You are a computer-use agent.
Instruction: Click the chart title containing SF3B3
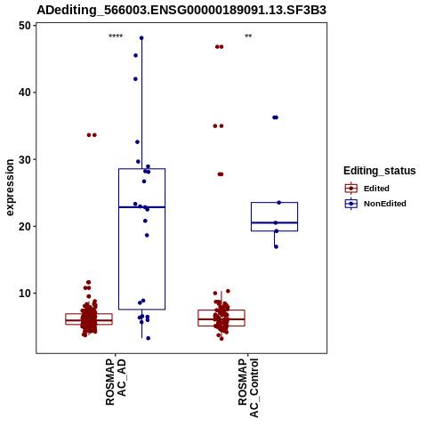click(181, 11)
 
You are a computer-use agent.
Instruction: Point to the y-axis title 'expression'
click(10, 188)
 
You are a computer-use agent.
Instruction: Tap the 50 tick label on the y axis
click(25, 26)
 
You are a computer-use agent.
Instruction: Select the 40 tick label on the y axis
click(25, 93)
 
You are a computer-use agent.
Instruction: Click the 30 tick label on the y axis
click(25, 159)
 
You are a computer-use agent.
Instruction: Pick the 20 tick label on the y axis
click(25, 226)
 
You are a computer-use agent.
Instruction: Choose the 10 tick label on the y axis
click(25, 294)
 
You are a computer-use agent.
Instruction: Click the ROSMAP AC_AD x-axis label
click(116, 382)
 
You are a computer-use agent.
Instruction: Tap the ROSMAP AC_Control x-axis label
click(248, 388)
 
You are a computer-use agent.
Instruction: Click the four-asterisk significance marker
click(116, 36)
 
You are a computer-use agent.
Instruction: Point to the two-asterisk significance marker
click(248, 36)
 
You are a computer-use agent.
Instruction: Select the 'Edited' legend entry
click(367, 189)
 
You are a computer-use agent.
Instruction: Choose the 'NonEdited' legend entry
click(375, 204)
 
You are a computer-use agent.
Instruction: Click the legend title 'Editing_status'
click(380, 171)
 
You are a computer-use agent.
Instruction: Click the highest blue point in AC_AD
click(141, 38)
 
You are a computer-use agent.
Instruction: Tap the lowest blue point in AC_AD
click(149, 338)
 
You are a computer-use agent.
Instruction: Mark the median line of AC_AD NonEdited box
click(141, 207)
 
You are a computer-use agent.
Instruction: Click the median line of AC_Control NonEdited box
click(274, 222)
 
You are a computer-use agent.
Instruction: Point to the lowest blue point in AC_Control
click(276, 246)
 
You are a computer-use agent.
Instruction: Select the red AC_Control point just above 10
click(228, 291)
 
